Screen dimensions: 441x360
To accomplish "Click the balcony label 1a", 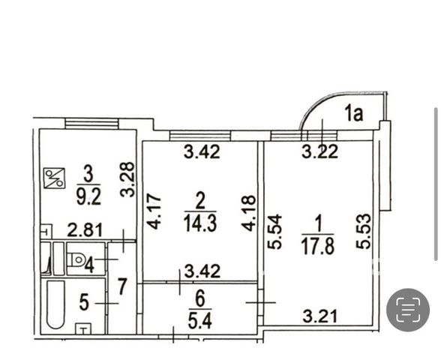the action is pyautogui.click(x=354, y=114).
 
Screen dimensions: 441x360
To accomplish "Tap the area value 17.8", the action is pyautogui.click(x=318, y=245).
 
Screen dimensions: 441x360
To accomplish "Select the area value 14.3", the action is pyautogui.click(x=200, y=223).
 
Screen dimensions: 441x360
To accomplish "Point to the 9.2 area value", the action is pyautogui.click(x=88, y=196).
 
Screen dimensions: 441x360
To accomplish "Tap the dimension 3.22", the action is pyautogui.click(x=319, y=152).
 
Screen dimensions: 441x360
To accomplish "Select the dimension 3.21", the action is pyautogui.click(x=320, y=316).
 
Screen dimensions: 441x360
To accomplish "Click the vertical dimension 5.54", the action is pyautogui.click(x=274, y=232).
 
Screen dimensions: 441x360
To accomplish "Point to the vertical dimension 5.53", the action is pyautogui.click(x=363, y=231).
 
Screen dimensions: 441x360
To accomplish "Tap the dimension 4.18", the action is pyautogui.click(x=249, y=213).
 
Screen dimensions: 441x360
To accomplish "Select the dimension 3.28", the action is pyautogui.click(x=127, y=179).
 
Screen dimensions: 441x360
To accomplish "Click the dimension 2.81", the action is pyautogui.click(x=85, y=230).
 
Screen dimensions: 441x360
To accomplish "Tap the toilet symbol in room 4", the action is pyautogui.click(x=76, y=259).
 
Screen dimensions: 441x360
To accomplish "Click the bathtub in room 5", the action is pyautogui.click(x=55, y=304).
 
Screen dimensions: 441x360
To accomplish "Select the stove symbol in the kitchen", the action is pyautogui.click(x=54, y=178).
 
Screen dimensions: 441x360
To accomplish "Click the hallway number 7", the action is pyautogui.click(x=121, y=286).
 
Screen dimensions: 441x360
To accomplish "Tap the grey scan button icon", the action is pyautogui.click(x=408, y=310).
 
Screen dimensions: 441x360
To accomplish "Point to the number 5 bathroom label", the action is pyautogui.click(x=84, y=303).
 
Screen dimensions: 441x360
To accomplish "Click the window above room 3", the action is pyautogui.click(x=91, y=124).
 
